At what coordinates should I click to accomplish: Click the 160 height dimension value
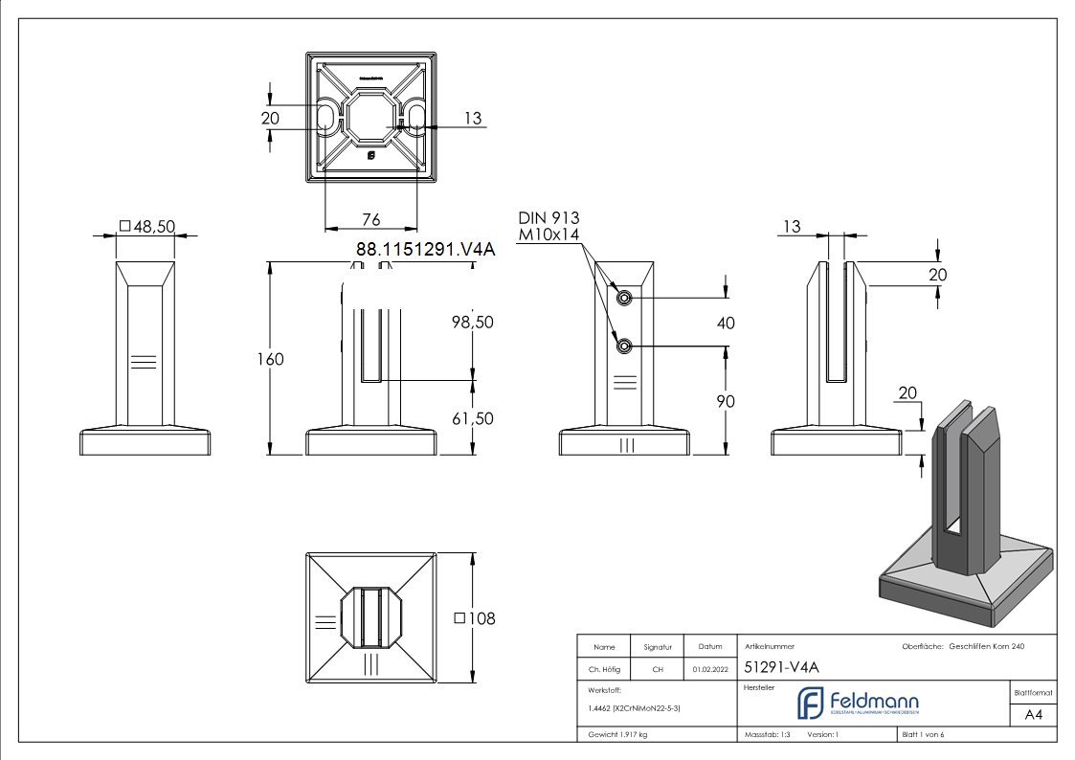click(270, 359)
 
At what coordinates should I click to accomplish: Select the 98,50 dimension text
click(472, 323)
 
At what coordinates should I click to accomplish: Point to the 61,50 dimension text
click(472, 418)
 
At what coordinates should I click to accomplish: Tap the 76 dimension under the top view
click(370, 220)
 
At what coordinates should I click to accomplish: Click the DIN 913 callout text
click(549, 218)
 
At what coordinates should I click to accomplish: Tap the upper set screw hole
click(624, 299)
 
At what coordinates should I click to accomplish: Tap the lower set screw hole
click(624, 346)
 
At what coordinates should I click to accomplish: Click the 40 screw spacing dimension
click(726, 324)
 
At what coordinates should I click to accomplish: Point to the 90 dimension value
click(726, 401)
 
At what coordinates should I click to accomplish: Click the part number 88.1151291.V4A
click(425, 250)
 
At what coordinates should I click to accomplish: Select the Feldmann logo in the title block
click(858, 704)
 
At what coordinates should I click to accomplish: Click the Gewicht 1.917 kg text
click(617, 734)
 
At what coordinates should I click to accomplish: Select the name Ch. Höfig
click(604, 669)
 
